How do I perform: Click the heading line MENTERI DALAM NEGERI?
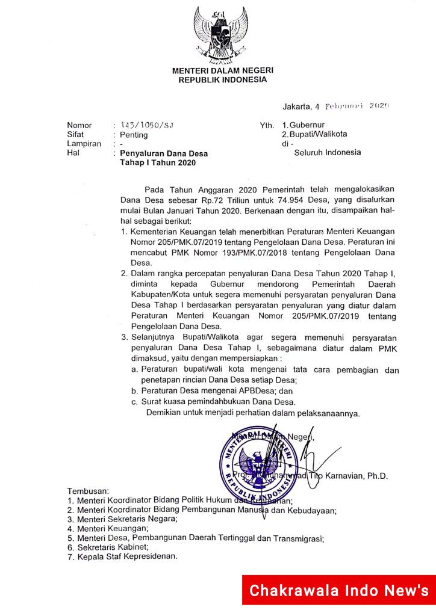point(218,70)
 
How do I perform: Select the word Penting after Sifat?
point(134,135)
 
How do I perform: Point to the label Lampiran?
point(84,144)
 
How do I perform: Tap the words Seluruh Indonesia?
point(327,152)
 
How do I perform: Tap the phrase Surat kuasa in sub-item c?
point(164,401)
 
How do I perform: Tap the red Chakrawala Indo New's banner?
point(339,590)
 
